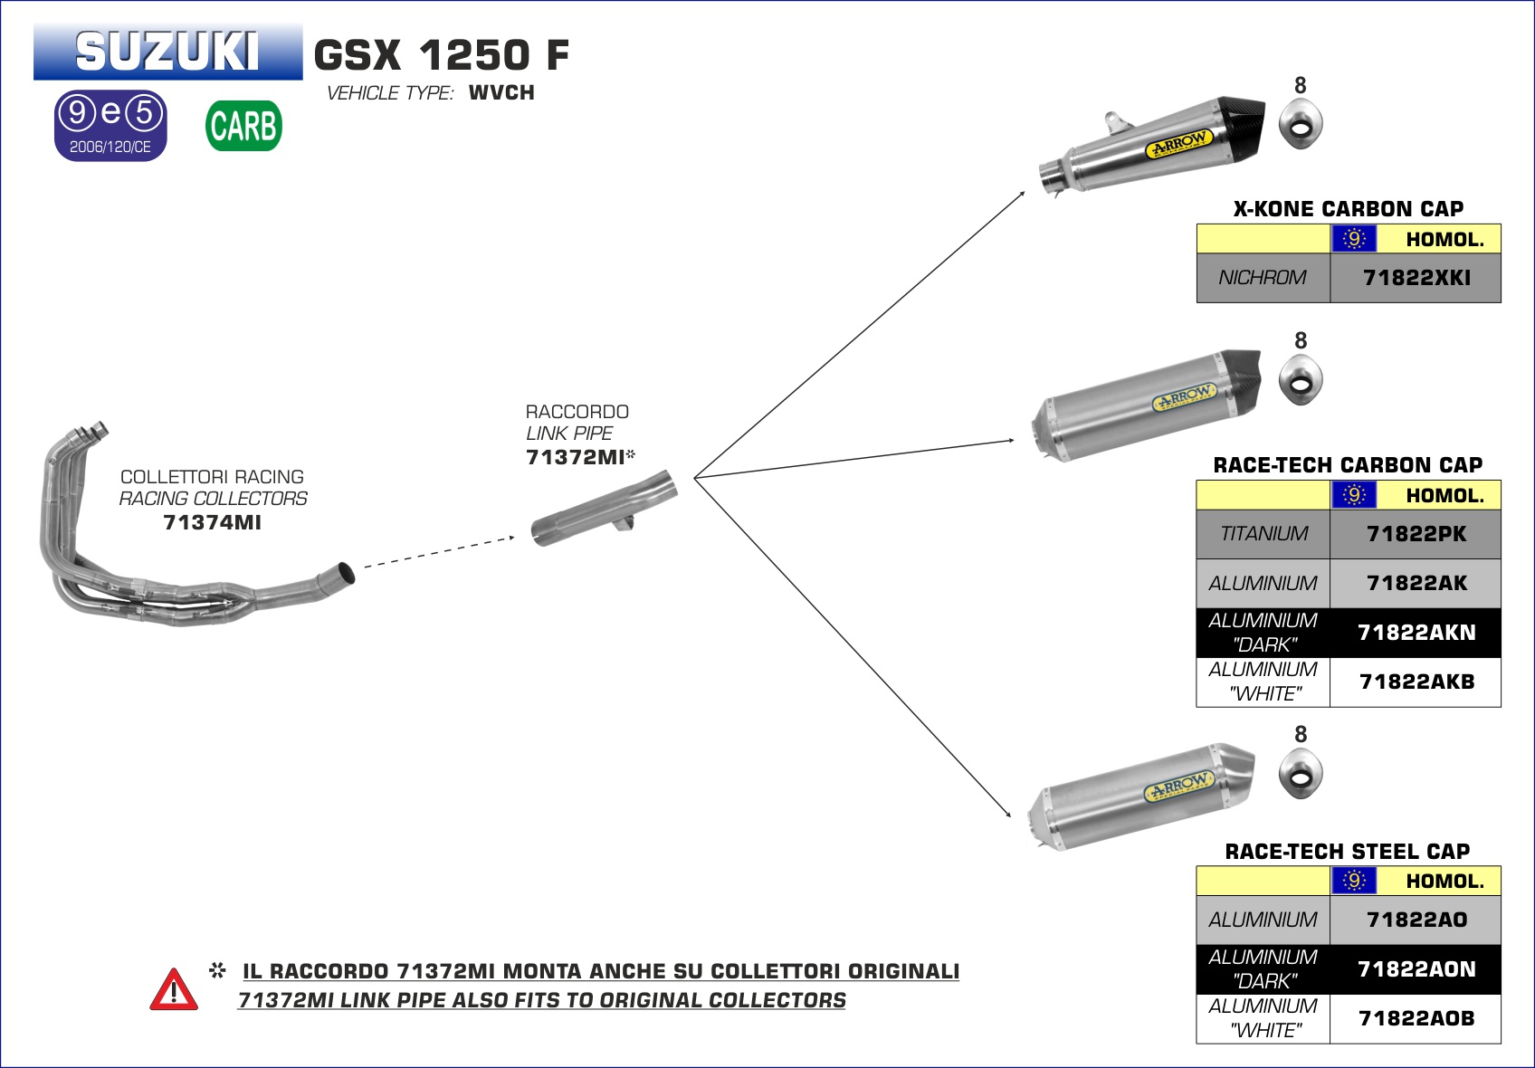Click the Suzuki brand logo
[167, 52]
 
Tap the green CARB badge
[243, 126]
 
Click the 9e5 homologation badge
[110, 125]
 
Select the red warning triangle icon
[174, 989]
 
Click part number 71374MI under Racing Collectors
[213, 522]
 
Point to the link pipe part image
[604, 509]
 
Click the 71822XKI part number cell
[1416, 278]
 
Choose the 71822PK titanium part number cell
[1416, 534]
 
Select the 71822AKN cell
[1416, 633]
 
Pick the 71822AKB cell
[1416, 682]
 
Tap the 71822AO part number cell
[1416, 920]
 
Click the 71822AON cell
[1416, 969]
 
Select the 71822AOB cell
[1416, 1018]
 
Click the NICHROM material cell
[1263, 278]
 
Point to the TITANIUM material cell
[1263, 534]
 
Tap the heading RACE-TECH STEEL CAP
[1347, 852]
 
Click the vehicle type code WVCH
[501, 93]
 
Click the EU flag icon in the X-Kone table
[1354, 239]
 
